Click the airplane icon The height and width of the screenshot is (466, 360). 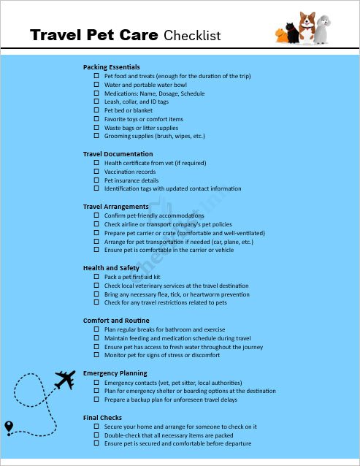tap(65, 380)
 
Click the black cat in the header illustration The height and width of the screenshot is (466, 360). tap(292, 33)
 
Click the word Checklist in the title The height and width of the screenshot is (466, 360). tap(192, 35)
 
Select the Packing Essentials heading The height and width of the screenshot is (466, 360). tap(111, 67)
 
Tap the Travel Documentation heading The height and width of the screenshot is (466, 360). tap(118, 154)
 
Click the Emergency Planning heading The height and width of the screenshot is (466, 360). tap(115, 373)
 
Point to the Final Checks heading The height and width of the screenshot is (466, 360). tap(102, 417)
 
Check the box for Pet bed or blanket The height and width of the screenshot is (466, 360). tap(96, 110)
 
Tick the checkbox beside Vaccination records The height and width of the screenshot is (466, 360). tap(96, 172)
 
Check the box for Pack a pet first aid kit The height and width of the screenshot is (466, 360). tap(96, 277)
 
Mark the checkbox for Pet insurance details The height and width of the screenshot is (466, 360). tap(96, 180)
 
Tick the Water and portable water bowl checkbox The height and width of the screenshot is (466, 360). tap(96, 85)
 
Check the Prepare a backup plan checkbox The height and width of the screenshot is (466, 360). tap(96, 400)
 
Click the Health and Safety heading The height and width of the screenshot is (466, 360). tap(111, 268)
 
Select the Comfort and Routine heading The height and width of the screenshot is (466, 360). tap(115, 321)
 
